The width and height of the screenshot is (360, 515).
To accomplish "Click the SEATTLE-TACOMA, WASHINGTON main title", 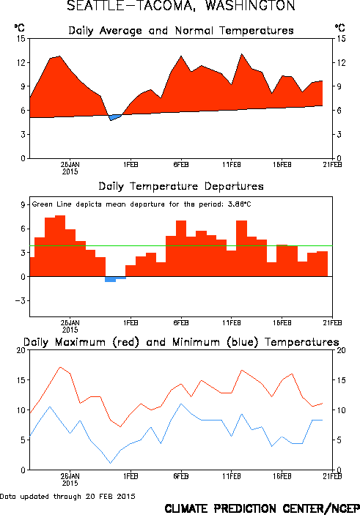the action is coord(181,6).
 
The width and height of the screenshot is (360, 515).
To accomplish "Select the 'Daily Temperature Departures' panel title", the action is coord(181,187).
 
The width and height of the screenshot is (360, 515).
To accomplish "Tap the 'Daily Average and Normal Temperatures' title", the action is coord(181,31).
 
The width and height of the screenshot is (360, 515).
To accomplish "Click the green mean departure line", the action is coord(181,245).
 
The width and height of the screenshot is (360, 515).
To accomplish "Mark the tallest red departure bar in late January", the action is coord(60,245).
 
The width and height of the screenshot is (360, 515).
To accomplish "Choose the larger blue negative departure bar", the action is coord(111,279).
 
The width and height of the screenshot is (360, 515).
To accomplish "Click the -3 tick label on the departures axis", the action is coord(20,301).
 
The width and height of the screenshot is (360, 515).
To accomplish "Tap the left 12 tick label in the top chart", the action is coord(21,63).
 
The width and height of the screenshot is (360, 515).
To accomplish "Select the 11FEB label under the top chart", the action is coord(232,165).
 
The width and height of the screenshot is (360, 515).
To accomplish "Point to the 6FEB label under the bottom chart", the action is coord(181,476).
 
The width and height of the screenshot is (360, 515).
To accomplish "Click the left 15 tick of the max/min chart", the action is coord(21,380).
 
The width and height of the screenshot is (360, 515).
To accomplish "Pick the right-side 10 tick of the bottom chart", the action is coord(341,410).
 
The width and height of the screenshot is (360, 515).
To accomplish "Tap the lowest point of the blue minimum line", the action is coord(111,463).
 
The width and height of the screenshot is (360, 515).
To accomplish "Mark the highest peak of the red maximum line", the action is coord(60,367).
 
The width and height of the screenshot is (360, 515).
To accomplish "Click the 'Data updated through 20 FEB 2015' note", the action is coord(67,496).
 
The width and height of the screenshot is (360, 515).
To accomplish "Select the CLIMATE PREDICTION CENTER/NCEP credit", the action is coord(262,508).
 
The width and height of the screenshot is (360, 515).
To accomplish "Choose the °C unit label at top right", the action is coord(340,28).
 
